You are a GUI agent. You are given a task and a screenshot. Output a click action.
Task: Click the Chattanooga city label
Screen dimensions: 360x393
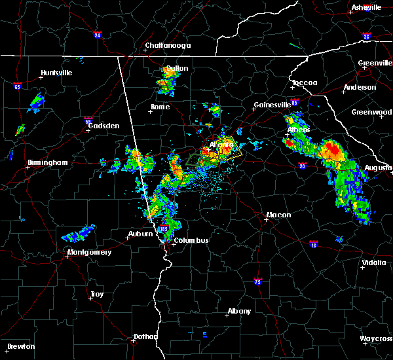coord(168,46)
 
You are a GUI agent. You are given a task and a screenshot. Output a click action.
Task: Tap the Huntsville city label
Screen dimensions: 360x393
coord(56,73)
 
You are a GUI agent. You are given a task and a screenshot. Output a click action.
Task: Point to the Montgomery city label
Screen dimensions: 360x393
coord(89,252)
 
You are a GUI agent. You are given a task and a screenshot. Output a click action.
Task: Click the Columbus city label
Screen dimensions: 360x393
coord(191,240)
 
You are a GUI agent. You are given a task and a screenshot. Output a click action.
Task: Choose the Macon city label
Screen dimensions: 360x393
coord(278,215)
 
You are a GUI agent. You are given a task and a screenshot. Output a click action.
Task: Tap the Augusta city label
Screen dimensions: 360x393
coord(379,168)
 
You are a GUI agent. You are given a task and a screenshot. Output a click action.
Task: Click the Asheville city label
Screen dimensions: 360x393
coord(366,7)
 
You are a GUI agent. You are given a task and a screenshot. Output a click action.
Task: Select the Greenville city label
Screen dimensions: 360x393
coord(375,63)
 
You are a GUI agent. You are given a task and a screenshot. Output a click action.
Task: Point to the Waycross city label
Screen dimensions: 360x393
coord(377,338)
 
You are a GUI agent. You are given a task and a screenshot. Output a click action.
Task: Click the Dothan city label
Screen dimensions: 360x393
coord(145,336)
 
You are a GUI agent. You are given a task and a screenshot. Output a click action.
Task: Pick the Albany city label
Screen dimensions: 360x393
coord(238,311)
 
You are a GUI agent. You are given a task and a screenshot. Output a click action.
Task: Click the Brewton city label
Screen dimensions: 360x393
coord(22,346)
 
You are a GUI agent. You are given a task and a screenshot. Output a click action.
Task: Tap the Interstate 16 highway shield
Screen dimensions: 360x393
coord(314,245)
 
